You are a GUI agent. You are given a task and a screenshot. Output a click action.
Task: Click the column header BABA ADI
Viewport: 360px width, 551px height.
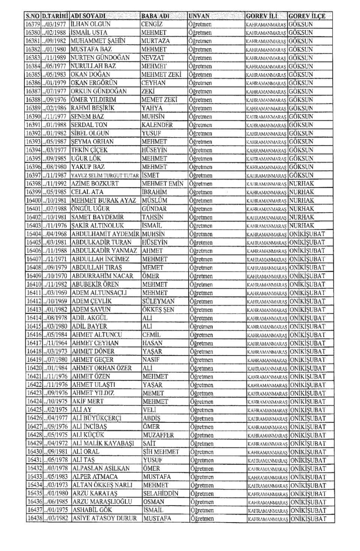[155, 16]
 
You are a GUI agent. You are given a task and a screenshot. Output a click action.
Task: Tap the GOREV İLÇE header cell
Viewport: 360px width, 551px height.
[307, 16]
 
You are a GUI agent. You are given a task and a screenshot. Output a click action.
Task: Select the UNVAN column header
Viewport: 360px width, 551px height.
[199, 16]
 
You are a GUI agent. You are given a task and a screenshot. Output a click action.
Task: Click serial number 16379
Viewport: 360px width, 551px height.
[32, 24]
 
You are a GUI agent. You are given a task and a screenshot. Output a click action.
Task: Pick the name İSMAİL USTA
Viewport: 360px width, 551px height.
[89, 33]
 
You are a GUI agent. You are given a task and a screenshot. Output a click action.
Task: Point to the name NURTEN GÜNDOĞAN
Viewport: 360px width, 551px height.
[100, 58]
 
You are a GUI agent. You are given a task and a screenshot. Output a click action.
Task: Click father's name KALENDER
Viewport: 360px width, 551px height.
[157, 125]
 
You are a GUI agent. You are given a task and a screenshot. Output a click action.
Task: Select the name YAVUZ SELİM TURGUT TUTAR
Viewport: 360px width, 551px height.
[105, 175]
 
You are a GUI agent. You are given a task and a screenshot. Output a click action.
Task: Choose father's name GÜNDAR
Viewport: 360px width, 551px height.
[154, 209]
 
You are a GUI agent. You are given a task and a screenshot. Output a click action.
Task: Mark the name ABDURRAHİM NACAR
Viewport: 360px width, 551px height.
[102, 276]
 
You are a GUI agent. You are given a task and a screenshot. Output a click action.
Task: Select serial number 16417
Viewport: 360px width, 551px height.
[34, 343]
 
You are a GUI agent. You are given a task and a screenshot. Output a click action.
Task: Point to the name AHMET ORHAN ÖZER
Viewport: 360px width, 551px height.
[102, 368]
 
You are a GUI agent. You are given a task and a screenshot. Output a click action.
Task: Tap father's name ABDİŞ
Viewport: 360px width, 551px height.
[151, 418]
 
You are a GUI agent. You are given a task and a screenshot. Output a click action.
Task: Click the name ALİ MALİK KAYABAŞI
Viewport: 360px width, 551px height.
[102, 443]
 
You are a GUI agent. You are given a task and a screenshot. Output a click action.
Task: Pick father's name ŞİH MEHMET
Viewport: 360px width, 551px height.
[161, 452]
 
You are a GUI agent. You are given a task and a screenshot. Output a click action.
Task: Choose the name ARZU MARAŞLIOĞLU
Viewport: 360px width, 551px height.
[102, 502]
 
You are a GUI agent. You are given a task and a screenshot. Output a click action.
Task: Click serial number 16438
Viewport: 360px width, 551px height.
[34, 518]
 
